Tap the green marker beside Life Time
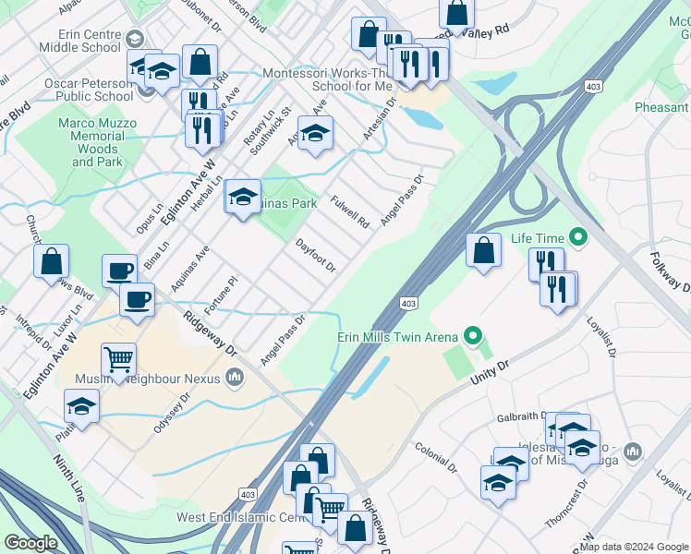[579, 238]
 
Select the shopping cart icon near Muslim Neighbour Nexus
[119, 359]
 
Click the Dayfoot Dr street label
[315, 256]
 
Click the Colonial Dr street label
[436, 455]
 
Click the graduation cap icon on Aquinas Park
[243, 197]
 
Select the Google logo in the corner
[30, 543]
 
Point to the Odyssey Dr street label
[172, 402]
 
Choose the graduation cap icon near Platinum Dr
[81, 406]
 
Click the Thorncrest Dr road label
[565, 502]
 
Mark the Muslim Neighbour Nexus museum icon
[236, 377]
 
